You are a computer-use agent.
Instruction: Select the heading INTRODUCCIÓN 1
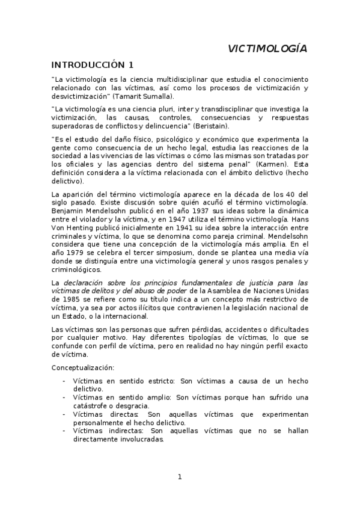pyautogui.click(x=92, y=65)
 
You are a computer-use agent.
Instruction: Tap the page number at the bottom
pyautogui.click(x=179, y=477)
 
